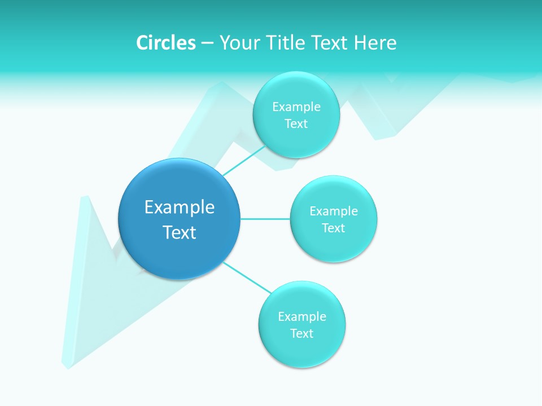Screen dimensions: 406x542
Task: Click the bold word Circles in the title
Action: click(x=166, y=43)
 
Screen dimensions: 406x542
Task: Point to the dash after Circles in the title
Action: click(x=207, y=43)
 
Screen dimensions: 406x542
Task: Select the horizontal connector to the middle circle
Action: click(x=265, y=219)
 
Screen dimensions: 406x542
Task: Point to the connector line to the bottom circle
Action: click(x=247, y=277)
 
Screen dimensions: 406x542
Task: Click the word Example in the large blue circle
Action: click(x=180, y=208)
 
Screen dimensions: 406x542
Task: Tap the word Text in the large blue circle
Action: click(x=180, y=232)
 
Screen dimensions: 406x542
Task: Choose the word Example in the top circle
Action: click(x=296, y=107)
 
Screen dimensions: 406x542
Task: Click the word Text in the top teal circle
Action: click(x=296, y=123)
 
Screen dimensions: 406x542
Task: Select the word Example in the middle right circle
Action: click(x=334, y=211)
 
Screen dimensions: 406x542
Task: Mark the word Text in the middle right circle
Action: click(x=334, y=228)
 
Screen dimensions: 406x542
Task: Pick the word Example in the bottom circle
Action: click(x=302, y=316)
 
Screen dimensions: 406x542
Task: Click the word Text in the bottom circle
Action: click(x=302, y=333)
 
